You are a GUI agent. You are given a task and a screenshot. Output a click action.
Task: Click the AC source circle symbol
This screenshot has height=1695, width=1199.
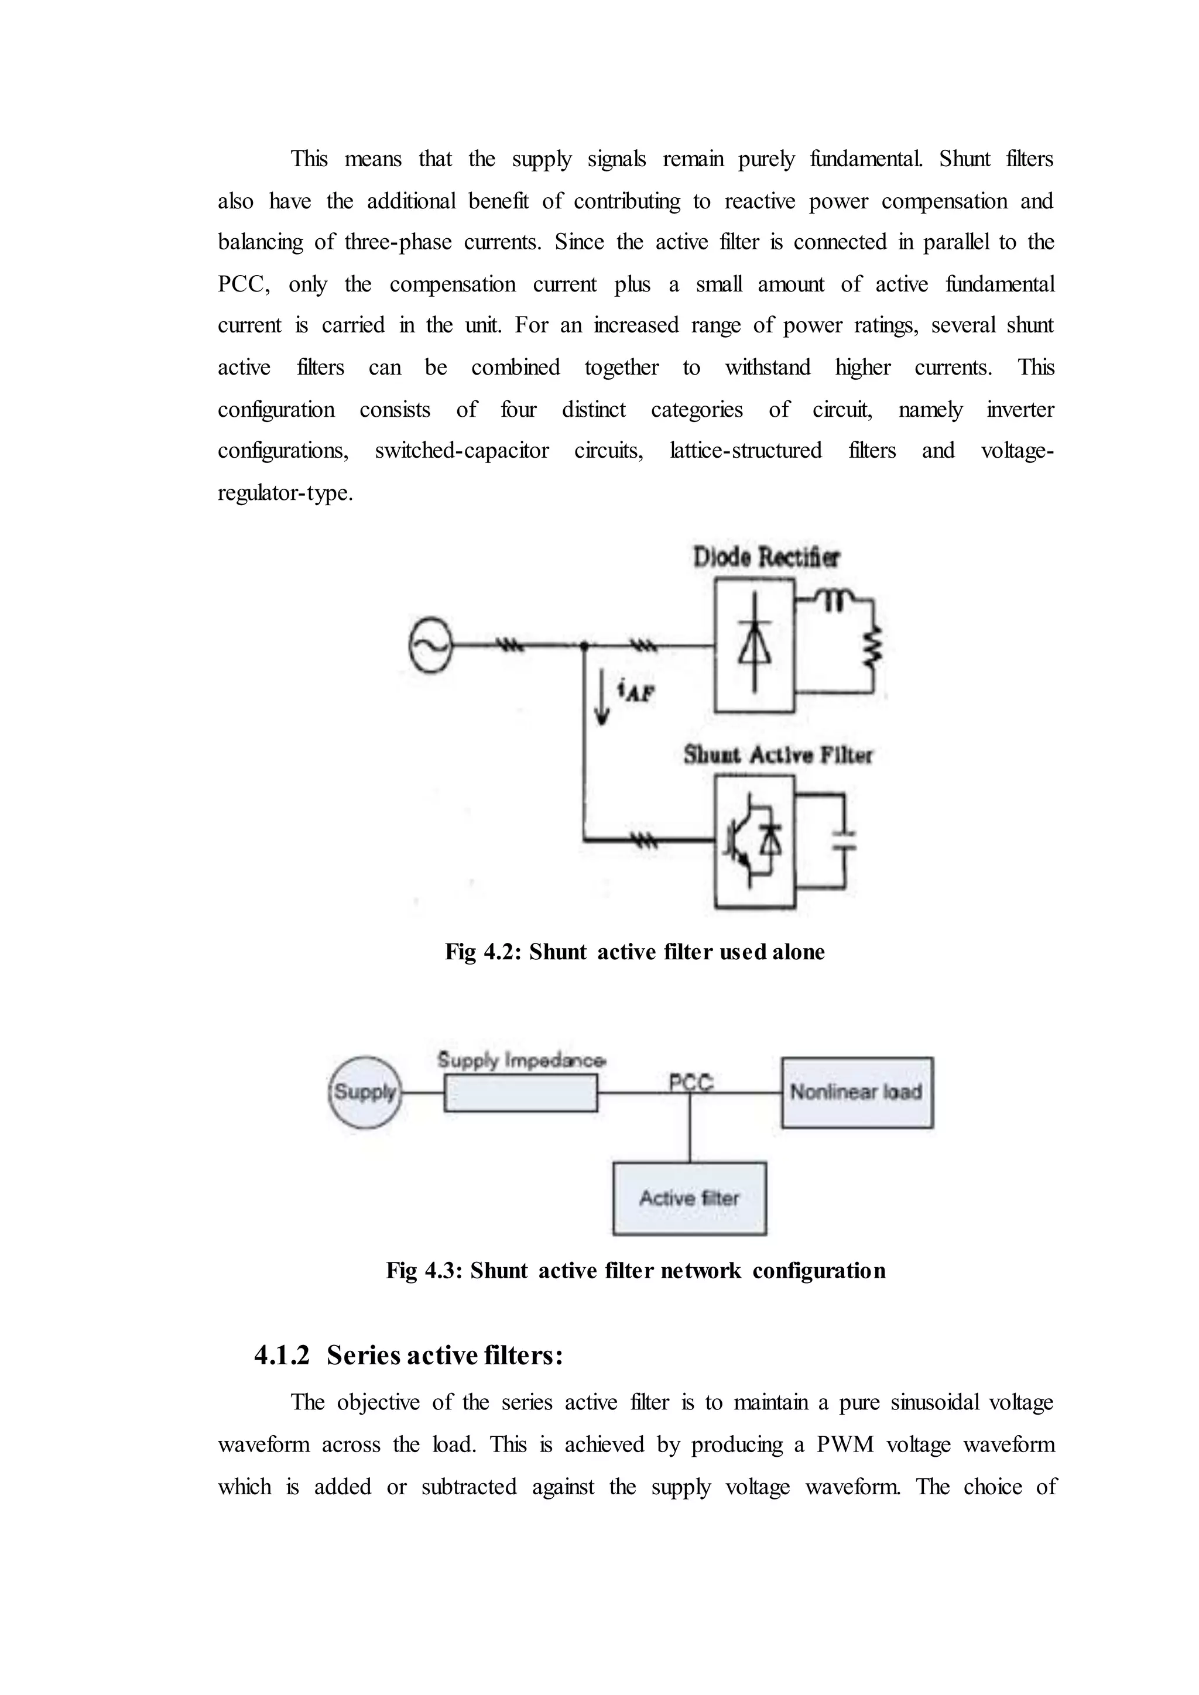point(430,645)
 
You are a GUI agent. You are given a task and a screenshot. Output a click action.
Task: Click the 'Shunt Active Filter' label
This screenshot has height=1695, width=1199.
point(777,755)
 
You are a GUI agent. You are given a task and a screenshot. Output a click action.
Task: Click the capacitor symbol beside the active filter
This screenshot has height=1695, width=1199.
point(844,841)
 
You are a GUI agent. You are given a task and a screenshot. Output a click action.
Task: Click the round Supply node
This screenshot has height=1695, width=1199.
point(365,1092)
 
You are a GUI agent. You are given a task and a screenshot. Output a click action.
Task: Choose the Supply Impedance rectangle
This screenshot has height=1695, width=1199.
point(520,1093)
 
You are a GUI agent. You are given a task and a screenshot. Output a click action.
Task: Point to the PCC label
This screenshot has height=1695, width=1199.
point(690,1082)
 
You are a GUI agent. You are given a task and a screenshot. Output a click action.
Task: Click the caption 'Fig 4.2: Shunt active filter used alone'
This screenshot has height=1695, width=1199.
point(634,952)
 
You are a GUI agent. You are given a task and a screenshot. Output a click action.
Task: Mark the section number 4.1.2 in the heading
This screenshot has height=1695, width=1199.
point(281,1356)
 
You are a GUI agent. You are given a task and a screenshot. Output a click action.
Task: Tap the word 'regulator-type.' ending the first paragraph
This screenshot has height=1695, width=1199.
point(285,493)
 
